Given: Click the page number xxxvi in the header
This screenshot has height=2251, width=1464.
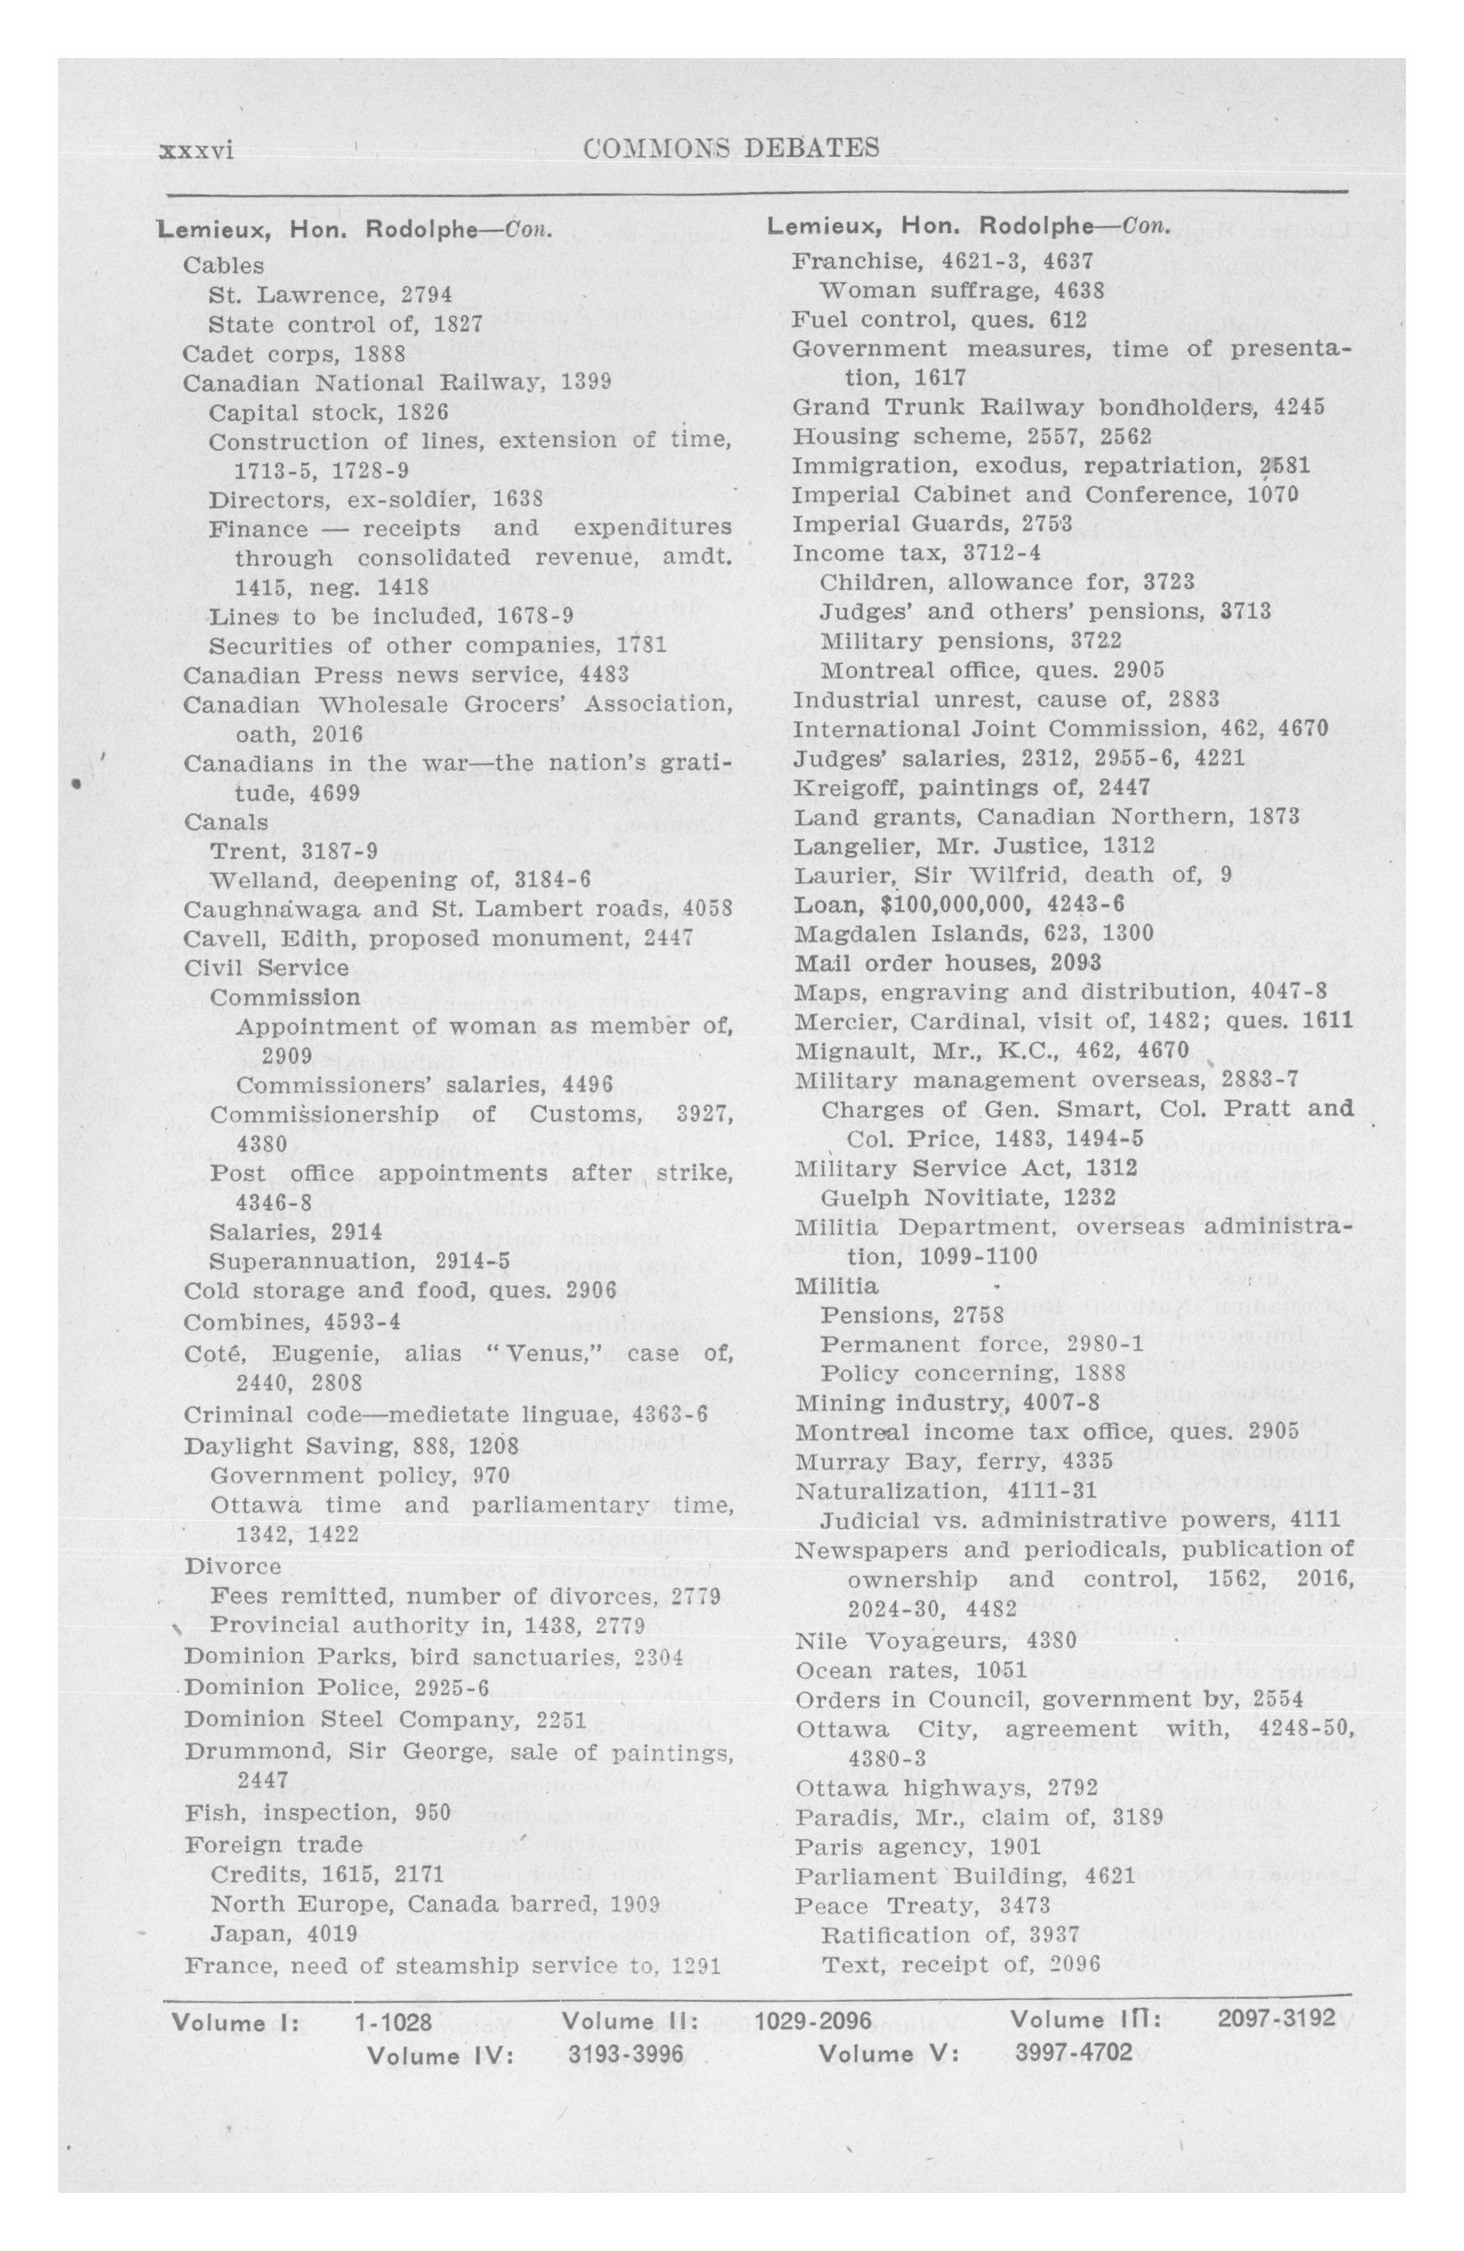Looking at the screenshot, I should [x=197, y=150].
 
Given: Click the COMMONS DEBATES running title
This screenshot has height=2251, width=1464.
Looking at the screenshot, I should [x=731, y=149].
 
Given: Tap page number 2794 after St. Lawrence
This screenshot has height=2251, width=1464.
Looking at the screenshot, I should [x=426, y=295].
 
